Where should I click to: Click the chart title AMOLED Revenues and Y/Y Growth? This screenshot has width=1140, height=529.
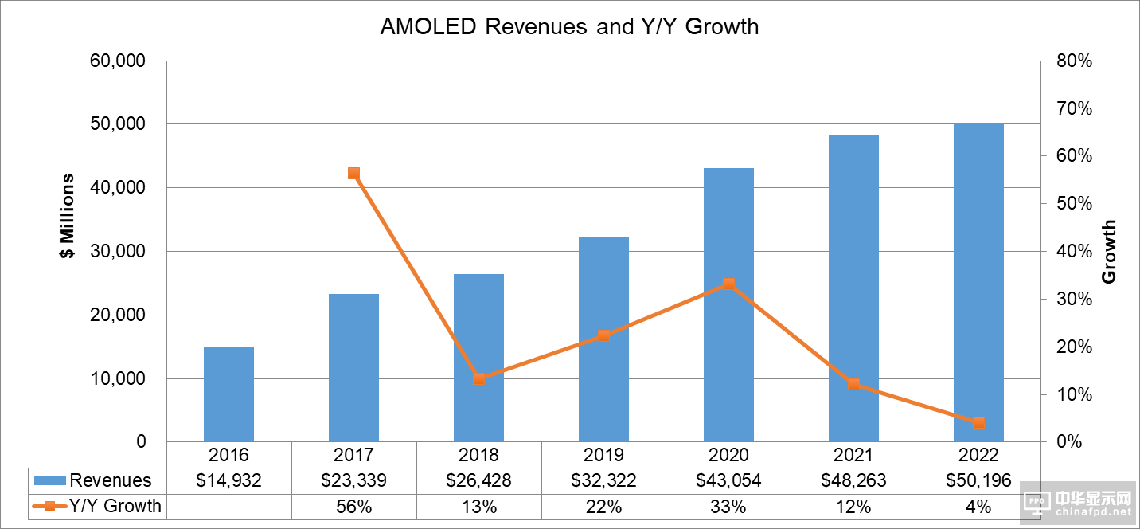(569, 26)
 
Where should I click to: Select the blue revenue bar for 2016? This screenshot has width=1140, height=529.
(228, 394)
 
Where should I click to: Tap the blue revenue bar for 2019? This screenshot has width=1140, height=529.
(603, 339)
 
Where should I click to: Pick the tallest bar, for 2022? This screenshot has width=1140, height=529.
(978, 282)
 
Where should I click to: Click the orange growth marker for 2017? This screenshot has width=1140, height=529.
(353, 174)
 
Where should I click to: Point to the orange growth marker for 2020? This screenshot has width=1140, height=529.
(728, 284)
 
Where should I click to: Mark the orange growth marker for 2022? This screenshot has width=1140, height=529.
(978, 422)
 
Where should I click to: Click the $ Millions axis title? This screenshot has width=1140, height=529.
(68, 216)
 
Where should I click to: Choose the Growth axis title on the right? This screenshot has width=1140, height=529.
(1109, 252)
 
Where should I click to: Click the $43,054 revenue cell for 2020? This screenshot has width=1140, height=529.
(728, 480)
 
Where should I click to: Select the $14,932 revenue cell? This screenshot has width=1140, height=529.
(228, 480)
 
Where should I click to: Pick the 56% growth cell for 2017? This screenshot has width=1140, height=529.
(353, 506)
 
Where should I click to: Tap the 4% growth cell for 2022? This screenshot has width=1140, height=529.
(978, 506)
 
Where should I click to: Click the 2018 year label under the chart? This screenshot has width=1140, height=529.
(478, 455)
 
